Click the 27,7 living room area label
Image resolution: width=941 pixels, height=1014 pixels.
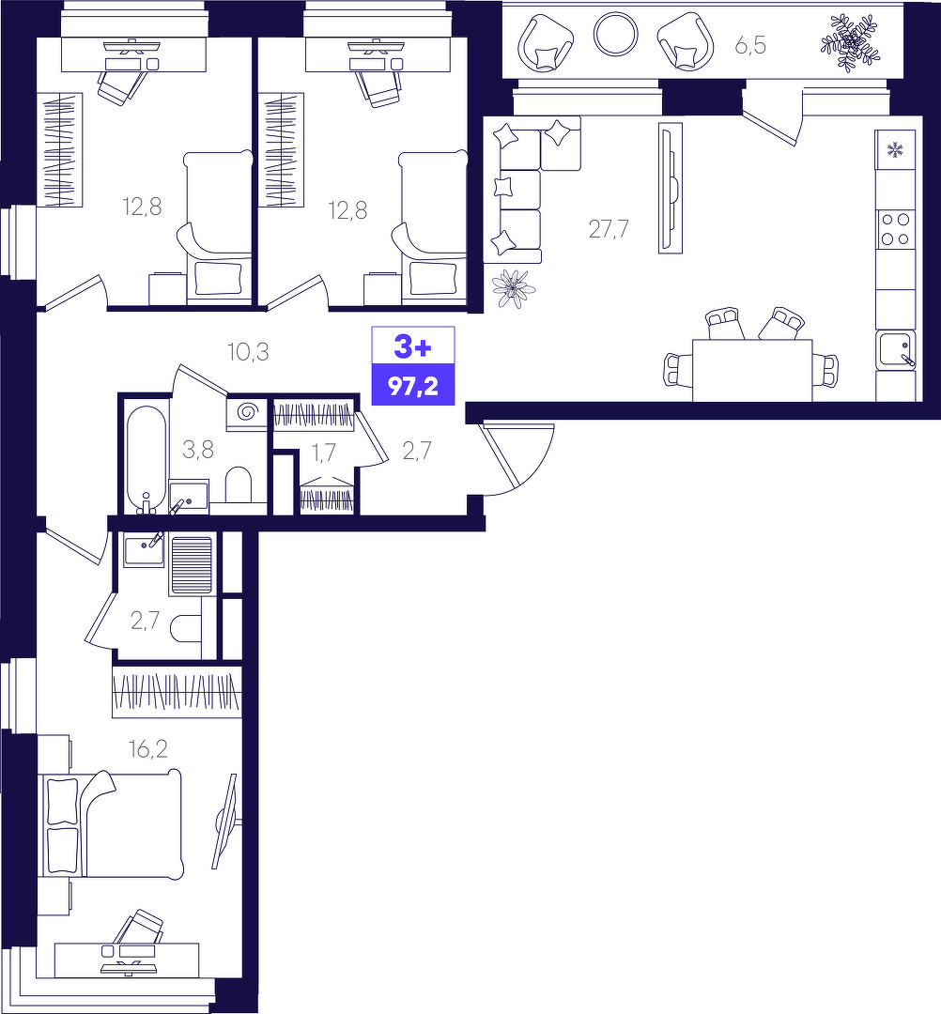tap(609, 229)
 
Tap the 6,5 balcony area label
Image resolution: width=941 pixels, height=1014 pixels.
tap(750, 45)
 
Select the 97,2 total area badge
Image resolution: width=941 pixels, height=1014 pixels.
tap(412, 386)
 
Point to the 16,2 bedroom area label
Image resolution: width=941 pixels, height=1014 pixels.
tap(148, 749)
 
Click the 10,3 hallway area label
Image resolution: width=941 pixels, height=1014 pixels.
tap(248, 352)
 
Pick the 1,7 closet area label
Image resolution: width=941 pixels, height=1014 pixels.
tap(324, 452)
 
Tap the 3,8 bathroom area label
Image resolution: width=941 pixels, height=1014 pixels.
tap(198, 449)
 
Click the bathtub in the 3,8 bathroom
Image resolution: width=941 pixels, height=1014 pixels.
tap(147, 458)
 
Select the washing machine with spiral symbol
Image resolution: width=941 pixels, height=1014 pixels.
tap(246, 411)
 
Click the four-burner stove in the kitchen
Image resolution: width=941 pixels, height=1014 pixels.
tap(896, 230)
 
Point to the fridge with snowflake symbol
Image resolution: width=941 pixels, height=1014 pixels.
tap(896, 151)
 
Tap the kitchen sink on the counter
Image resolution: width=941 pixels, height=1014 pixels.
tap(896, 350)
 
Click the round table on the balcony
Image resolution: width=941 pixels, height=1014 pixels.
tap(616, 35)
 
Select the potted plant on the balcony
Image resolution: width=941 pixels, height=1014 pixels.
tap(851, 42)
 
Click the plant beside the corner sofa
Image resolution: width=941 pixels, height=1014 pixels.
tap(514, 288)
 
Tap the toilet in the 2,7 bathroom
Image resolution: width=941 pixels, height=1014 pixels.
tap(186, 628)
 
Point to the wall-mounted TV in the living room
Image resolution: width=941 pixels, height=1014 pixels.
tap(670, 188)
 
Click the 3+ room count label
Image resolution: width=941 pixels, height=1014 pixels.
tap(412, 348)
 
